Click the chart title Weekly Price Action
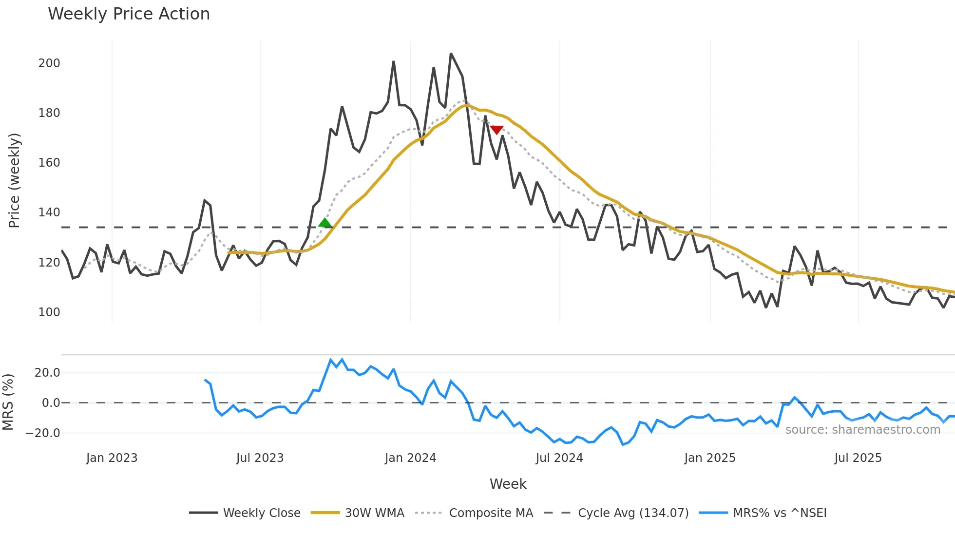pos(129,14)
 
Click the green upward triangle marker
pos(325,223)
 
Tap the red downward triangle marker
pos(497,130)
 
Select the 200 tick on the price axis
pos(49,63)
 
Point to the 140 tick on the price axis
pos(49,212)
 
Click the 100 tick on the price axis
pos(49,312)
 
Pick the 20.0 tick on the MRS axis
pos(47,373)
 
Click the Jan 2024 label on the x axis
pos(410,458)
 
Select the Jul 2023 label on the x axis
pos(260,458)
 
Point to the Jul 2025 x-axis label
pos(858,458)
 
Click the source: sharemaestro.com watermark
pos(862,430)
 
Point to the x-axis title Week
pos(508,484)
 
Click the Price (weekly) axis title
pos(14,180)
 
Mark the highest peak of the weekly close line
pos(451,54)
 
